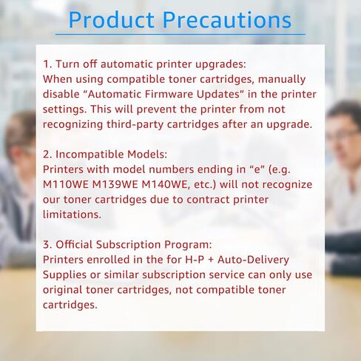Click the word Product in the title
point(112,20)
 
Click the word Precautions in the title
point(227,20)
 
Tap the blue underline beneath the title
point(180,34)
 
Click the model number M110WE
point(66,184)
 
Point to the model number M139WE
point(115,184)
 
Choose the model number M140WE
point(166,185)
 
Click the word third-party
point(135,124)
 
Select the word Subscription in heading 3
point(128,245)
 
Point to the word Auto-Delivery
point(253,260)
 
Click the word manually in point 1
point(282,80)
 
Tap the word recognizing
point(72,125)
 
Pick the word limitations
point(72,215)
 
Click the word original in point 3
point(62,290)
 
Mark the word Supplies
point(64,275)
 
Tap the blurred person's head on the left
point(20,138)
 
